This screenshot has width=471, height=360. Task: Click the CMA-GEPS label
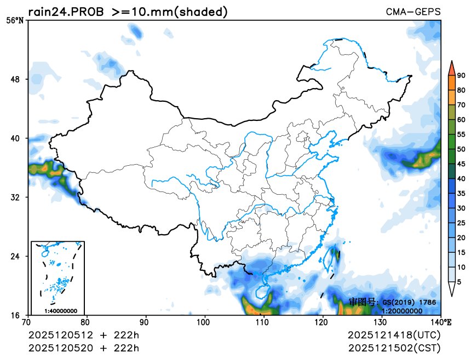pos(413,11)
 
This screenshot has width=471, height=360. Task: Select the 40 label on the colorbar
pos(461,178)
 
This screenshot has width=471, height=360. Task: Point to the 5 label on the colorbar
pos(459,282)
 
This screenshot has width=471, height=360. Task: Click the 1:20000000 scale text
pos(401,311)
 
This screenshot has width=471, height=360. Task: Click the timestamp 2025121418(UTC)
pos(394,335)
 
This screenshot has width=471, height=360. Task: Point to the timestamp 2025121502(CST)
pos(394,347)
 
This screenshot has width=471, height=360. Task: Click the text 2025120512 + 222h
pos(84,335)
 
